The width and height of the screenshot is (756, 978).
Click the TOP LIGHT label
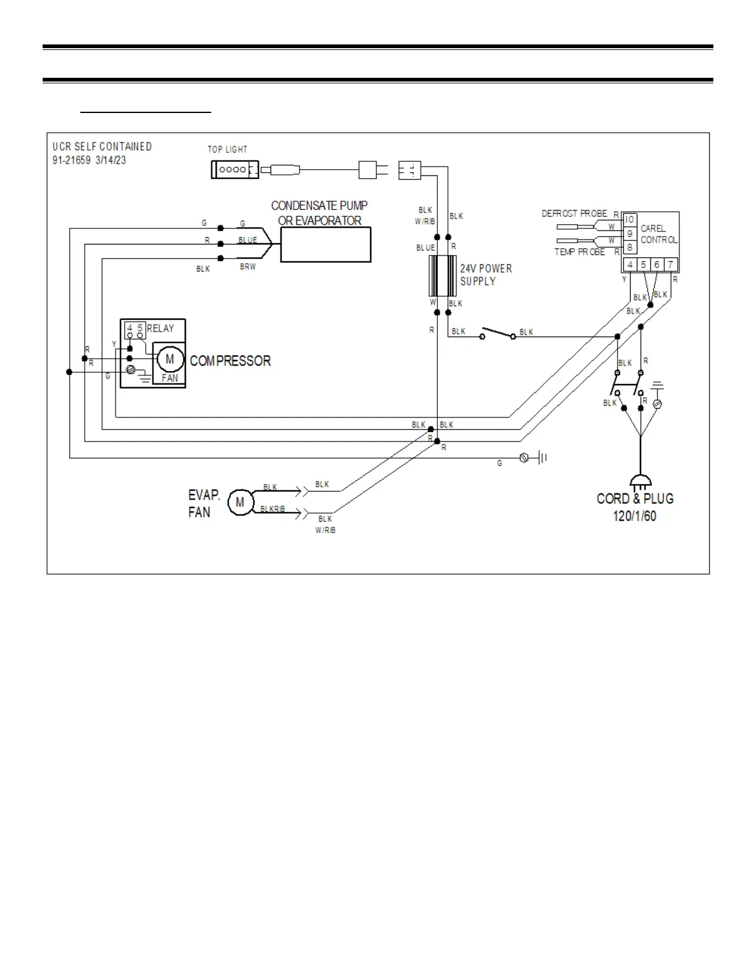click(x=227, y=149)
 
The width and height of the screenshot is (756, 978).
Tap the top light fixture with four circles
click(x=235, y=170)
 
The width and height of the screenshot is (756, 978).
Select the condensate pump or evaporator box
click(x=325, y=244)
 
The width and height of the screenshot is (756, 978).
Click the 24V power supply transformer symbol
click(x=442, y=275)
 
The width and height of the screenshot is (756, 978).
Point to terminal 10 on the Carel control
click(x=629, y=220)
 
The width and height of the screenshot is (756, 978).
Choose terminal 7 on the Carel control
click(x=671, y=265)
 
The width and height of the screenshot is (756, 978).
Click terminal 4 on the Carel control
click(x=630, y=265)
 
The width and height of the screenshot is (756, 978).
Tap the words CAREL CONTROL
click(x=658, y=234)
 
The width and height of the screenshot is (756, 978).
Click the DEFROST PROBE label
click(x=574, y=214)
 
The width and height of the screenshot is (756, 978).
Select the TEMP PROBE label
click(x=579, y=252)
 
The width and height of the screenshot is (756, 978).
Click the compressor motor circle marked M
click(x=170, y=359)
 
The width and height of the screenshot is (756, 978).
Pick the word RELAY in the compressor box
click(x=161, y=328)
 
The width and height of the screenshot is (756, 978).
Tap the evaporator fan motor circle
click(x=240, y=503)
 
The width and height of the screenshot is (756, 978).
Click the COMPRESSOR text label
click(x=230, y=361)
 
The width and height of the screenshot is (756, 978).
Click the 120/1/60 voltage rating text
click(x=635, y=516)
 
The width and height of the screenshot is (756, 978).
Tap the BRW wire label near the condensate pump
click(x=248, y=267)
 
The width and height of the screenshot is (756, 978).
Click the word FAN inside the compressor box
click(x=170, y=378)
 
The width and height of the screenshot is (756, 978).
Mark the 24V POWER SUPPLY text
click(x=486, y=275)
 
